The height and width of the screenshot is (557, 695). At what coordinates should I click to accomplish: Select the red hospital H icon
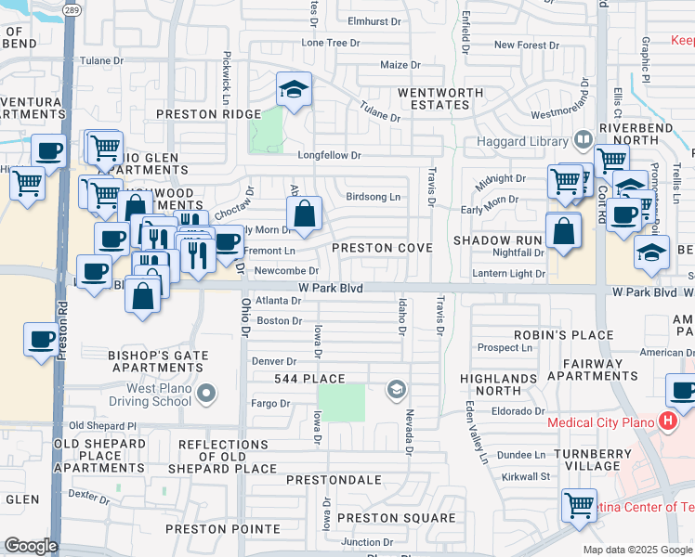click(x=667, y=421)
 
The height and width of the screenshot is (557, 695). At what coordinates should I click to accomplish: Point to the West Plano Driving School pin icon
click(x=206, y=395)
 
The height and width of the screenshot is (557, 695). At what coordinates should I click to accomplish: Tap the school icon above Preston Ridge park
click(x=295, y=90)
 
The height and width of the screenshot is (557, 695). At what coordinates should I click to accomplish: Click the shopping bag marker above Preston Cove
click(x=304, y=215)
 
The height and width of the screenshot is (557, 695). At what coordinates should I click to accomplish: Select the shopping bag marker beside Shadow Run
click(x=563, y=232)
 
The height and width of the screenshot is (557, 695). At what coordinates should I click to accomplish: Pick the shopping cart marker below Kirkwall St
click(x=579, y=506)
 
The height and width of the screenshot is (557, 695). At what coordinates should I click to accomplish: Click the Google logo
click(x=31, y=546)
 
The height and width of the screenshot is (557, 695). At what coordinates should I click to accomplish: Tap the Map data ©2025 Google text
click(x=637, y=550)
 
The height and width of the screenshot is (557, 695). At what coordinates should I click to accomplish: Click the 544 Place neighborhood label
click(x=309, y=379)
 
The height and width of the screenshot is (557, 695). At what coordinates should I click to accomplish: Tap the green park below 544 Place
click(x=341, y=402)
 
